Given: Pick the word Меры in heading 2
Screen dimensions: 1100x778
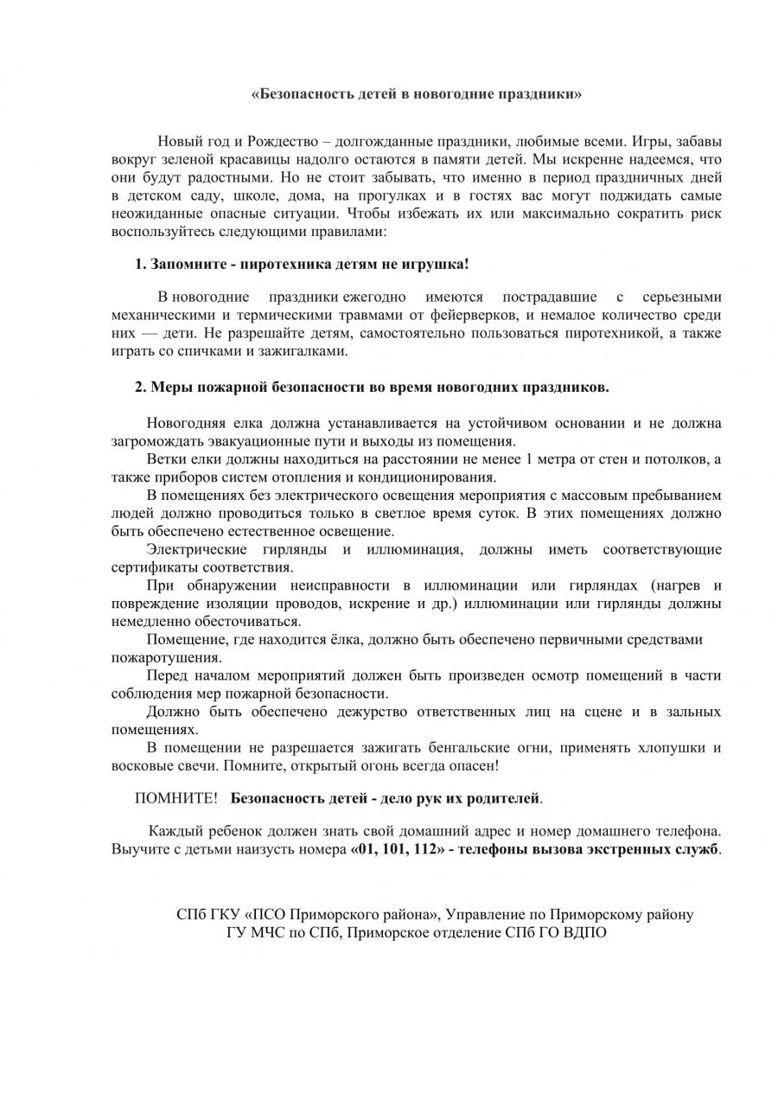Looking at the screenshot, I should [169, 387].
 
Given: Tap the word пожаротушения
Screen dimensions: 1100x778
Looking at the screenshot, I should [154, 657].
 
